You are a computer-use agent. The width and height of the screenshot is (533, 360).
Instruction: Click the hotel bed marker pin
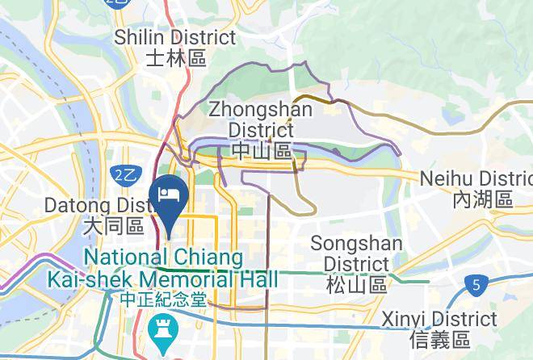tap(170, 195)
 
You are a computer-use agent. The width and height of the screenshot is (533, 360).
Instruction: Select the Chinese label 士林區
tap(176, 57)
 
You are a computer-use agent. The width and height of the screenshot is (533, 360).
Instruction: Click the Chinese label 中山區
tap(260, 150)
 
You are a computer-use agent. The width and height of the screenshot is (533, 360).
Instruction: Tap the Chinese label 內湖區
tap(483, 199)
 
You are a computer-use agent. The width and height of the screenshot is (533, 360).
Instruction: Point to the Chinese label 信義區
tap(439, 339)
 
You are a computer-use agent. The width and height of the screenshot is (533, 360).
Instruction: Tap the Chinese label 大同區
tap(113, 228)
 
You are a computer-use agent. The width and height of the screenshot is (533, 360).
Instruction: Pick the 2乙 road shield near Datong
tap(124, 175)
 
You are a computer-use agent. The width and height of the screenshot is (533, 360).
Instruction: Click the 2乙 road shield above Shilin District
tap(118, 3)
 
